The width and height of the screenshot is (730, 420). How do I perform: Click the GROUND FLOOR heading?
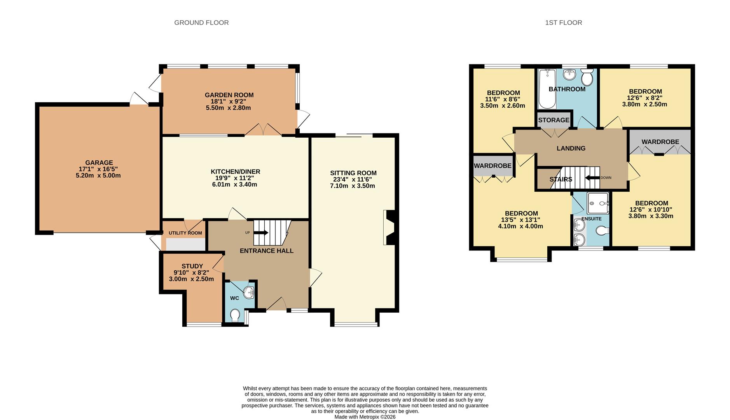pos(201,23)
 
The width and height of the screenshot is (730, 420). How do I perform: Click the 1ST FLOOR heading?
pos(563,23)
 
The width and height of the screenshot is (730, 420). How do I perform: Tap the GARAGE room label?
pos(99,163)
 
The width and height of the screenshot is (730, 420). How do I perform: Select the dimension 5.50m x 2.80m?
pos(228,108)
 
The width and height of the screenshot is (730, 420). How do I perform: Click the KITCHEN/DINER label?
pos(235,171)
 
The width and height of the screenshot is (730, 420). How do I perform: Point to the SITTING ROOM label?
pos(353,173)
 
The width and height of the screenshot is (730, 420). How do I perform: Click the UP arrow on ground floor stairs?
pos(261,233)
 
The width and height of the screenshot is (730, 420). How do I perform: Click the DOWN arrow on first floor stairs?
pos(592,178)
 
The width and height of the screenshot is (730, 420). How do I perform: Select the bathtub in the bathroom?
pos(547,89)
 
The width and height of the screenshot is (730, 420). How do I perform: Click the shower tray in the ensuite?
pos(598,203)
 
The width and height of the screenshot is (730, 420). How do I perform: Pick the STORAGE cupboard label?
pos(554,120)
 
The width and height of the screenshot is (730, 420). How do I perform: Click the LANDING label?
pos(571,148)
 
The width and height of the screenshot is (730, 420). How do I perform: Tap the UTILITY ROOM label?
pos(185,233)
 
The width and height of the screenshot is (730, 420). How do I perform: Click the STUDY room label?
pos(192,266)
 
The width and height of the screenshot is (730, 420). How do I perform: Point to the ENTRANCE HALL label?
pos(266,251)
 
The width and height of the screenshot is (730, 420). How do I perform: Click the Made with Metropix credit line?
pos(365,417)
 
